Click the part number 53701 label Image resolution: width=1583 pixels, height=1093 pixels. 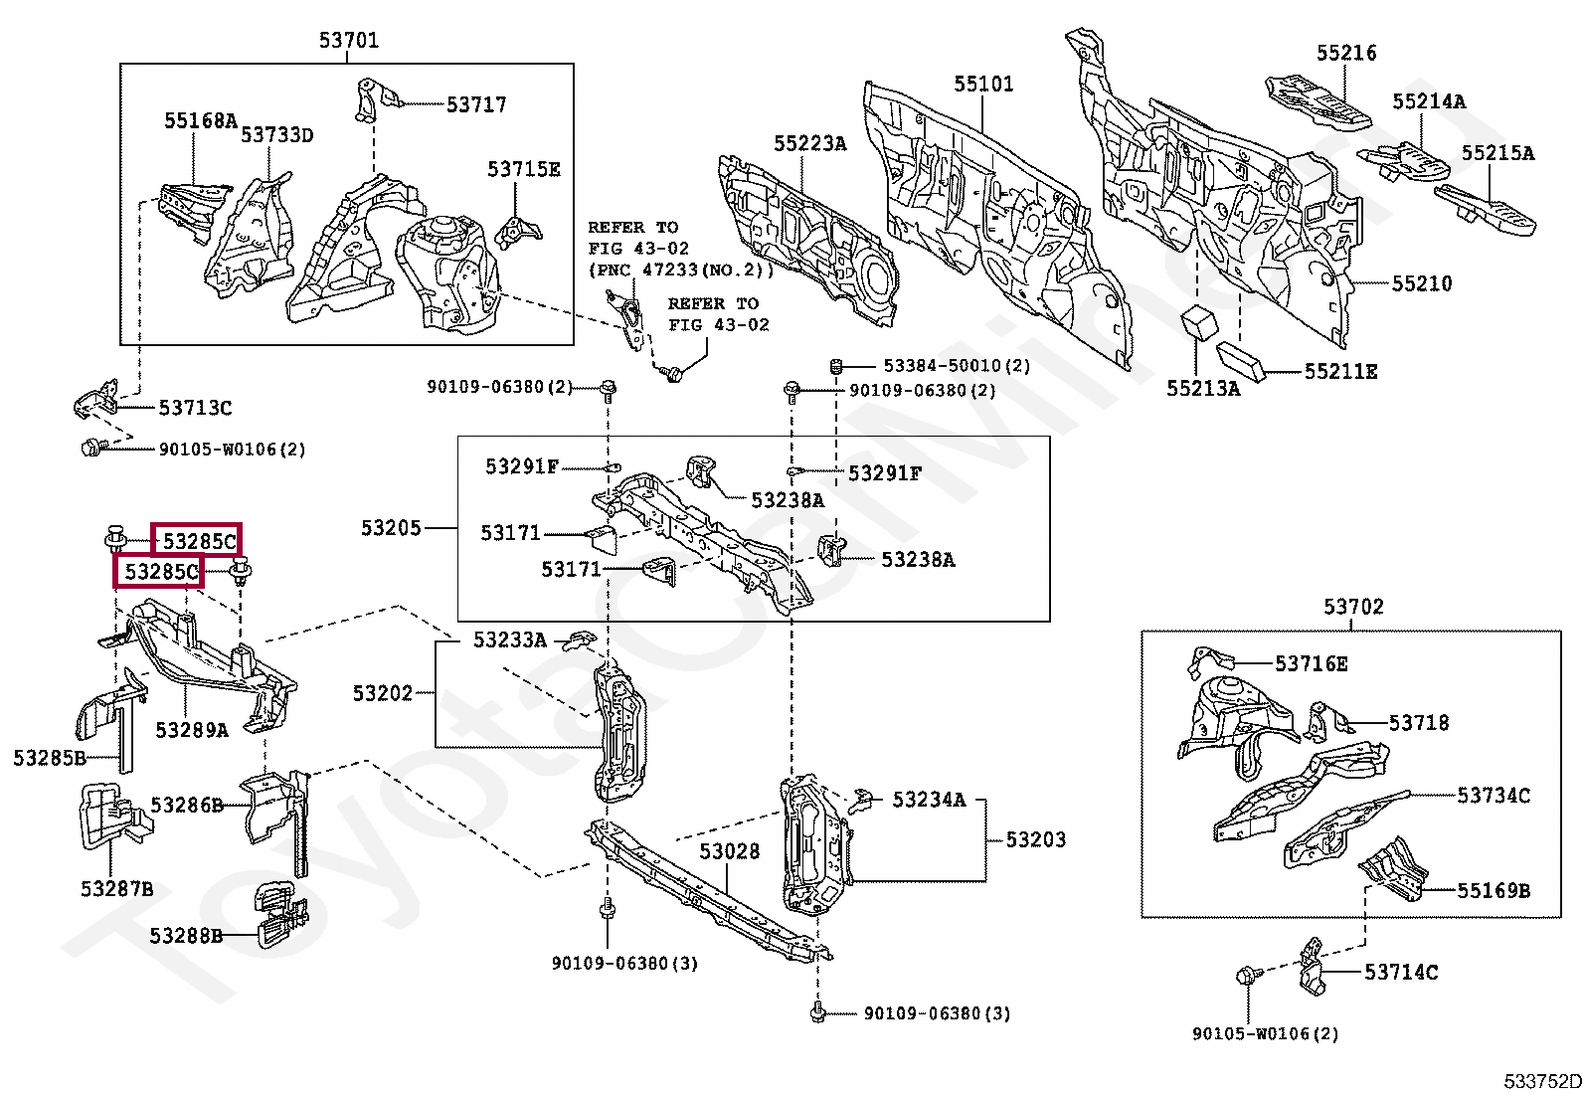point(348,41)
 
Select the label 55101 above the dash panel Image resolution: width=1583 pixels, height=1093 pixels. point(983,85)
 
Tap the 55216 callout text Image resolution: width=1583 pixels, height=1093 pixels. point(1346,54)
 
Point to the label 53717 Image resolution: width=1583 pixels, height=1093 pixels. point(476,105)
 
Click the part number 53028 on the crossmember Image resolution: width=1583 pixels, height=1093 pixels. point(729,852)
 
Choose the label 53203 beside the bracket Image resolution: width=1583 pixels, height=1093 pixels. point(1035,840)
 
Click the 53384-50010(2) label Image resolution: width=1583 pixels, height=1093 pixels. point(957,366)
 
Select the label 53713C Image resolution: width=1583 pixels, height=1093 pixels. point(195,408)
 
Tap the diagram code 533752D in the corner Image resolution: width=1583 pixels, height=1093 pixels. point(1541,1081)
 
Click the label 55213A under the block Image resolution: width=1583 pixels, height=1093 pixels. point(1203,389)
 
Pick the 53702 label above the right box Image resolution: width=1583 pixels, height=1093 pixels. point(1353,607)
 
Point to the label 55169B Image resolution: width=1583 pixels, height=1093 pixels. point(1494,891)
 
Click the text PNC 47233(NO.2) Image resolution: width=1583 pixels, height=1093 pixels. point(680,271)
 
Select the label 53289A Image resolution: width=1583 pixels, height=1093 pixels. point(191,731)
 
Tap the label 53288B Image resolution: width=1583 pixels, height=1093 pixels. point(186,937)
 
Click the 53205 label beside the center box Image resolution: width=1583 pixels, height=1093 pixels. point(391,529)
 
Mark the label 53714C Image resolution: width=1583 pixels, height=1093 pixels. point(1400,973)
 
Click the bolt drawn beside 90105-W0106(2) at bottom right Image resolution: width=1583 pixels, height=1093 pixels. point(1247,976)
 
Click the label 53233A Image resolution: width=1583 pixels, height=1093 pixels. point(509,640)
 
